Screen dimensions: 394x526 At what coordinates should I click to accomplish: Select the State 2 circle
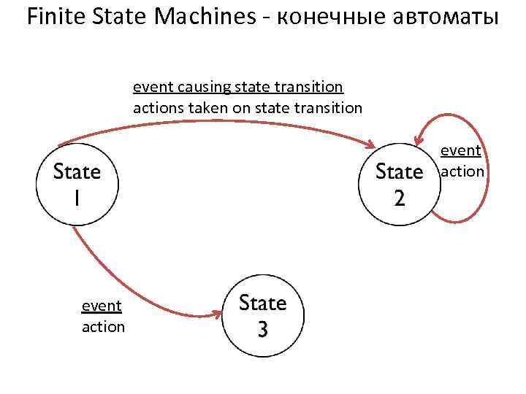(x=399, y=184)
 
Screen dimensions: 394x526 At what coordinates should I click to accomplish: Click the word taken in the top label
(x=210, y=108)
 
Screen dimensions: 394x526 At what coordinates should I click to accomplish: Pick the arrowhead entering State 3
(x=217, y=314)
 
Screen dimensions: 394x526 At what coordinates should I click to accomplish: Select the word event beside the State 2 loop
(x=460, y=151)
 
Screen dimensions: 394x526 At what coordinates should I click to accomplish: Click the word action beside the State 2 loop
(x=462, y=171)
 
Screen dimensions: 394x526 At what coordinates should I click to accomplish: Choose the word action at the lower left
(x=103, y=327)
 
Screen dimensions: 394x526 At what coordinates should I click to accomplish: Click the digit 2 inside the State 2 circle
(x=399, y=198)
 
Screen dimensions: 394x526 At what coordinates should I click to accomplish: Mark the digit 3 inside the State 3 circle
(x=263, y=329)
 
